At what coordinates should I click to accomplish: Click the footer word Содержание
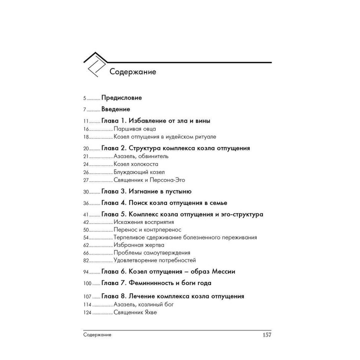(x=98, y=334)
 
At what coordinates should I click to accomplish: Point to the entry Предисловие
(x=121, y=97)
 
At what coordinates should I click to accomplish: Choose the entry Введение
(x=115, y=109)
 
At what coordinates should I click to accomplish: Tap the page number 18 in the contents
(x=86, y=136)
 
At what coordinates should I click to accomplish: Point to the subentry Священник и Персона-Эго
(x=149, y=180)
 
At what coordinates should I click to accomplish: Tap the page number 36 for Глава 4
(x=86, y=203)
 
